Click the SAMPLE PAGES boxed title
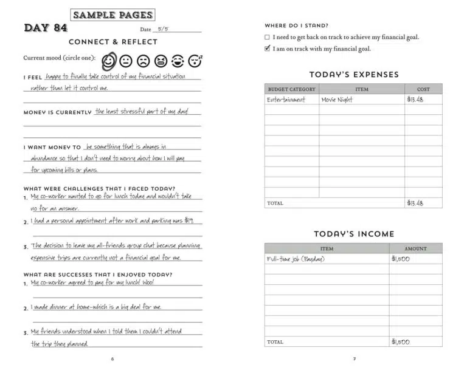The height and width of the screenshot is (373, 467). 112,15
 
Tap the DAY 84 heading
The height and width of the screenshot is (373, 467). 45,28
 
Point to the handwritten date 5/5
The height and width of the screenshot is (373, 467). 162,29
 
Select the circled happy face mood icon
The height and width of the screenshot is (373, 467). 109,60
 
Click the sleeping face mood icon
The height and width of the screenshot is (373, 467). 195,60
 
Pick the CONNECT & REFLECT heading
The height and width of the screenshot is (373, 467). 112,42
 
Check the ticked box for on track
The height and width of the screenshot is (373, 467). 267,49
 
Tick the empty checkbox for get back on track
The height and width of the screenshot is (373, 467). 267,37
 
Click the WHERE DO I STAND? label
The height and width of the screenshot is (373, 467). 297,26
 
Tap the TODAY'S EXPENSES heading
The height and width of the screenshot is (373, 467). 354,75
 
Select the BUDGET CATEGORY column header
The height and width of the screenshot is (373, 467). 291,89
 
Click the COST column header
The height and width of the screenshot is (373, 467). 423,89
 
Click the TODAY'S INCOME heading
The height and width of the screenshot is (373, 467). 354,234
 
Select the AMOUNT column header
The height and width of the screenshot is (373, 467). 415,248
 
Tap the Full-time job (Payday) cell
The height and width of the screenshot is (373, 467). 296,259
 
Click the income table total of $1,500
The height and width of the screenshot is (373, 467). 401,342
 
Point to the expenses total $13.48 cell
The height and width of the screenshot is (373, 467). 415,203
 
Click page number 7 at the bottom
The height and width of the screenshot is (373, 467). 354,358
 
